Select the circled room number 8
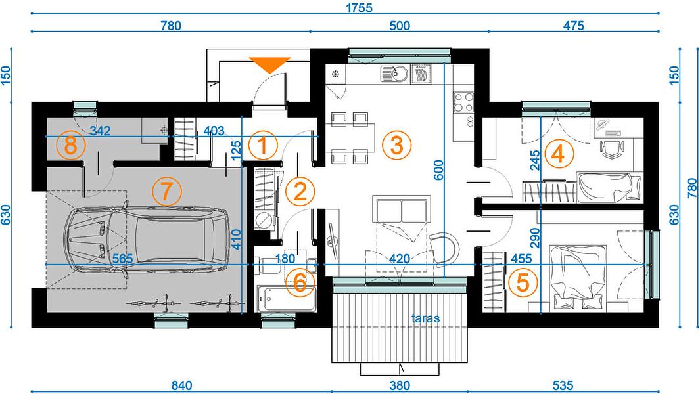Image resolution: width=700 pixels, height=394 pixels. tap(71, 145)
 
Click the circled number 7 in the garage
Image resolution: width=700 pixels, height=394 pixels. tap(166, 191)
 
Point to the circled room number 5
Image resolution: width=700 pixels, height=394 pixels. tap(523, 282)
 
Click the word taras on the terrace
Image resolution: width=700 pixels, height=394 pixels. tap(425, 318)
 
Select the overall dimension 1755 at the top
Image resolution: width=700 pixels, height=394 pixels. tap(359, 8)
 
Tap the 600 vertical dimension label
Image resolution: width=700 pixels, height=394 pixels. tap(439, 169)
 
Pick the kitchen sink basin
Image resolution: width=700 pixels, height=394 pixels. tap(394, 74)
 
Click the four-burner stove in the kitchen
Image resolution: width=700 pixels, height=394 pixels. tap(463, 102)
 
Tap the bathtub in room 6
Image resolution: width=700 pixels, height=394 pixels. tap(286, 299)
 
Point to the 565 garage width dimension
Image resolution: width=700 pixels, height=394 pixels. tap(122, 259)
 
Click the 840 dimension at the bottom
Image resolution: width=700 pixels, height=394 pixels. tap(181, 385)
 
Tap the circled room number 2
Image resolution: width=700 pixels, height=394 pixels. tap(300, 192)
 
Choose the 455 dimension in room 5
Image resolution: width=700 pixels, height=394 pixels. tap(521, 259)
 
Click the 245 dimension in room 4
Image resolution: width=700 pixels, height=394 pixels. tap(534, 160)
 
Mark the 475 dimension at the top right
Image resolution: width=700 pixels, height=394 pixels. tap(573, 26)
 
